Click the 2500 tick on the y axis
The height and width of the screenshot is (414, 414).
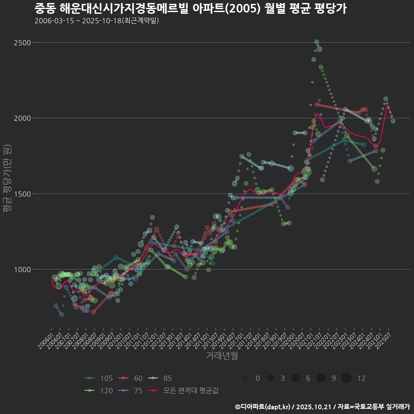[22, 43]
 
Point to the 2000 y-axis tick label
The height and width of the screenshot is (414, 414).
[22, 118]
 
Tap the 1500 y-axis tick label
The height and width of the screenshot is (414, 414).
[22, 194]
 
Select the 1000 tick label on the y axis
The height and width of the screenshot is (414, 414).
[22, 270]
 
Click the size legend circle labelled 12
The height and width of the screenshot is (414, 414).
[346, 378]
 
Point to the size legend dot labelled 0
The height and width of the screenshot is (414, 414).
[245, 378]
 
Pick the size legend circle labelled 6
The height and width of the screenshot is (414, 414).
[295, 378]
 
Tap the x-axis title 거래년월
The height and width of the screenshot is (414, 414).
[222, 356]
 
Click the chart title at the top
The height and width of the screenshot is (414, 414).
[190, 9]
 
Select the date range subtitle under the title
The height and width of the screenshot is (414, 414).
[97, 21]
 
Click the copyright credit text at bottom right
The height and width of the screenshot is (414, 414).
[322, 407]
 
